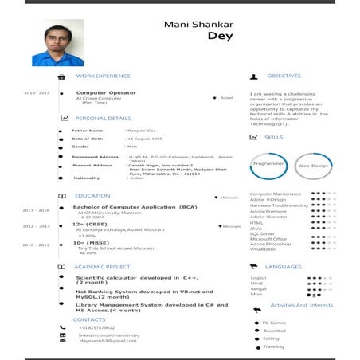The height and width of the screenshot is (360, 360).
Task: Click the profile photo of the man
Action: point(57,43)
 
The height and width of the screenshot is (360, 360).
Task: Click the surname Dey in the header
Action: point(220,36)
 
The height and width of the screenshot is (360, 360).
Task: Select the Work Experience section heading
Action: point(103,76)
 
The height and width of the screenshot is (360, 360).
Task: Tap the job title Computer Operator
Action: point(106,92)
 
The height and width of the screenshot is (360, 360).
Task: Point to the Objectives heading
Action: point(284,76)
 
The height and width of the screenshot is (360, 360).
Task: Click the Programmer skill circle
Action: point(268,165)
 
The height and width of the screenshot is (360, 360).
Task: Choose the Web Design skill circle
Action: point(313,166)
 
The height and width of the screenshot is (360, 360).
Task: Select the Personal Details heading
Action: point(103,118)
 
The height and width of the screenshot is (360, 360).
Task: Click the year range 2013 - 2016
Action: point(36,210)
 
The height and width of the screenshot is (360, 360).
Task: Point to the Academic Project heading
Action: point(102,267)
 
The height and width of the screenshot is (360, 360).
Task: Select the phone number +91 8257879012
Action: point(97,327)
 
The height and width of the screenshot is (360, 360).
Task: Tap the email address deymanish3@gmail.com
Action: point(108,341)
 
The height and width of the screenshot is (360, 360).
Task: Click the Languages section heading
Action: point(284,267)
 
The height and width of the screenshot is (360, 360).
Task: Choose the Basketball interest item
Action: point(275,330)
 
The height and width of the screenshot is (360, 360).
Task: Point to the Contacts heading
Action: point(89,319)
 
